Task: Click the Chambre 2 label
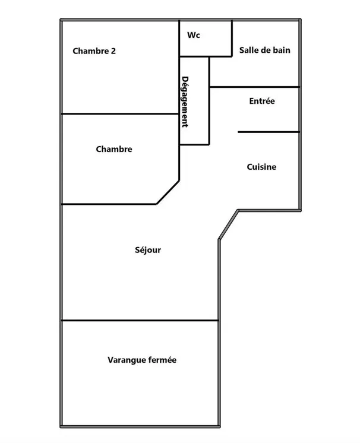pos(94,51)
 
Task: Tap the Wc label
pos(194,35)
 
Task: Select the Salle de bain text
pos(265,50)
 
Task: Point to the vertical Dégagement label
pos(185,102)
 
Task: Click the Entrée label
pos(262,101)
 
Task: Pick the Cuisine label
pos(261,167)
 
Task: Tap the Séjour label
pos(148,250)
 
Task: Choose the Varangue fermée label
pos(142,360)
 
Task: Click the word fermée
pos(163,360)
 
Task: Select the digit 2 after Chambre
pos(113,51)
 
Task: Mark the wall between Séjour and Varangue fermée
pos(140,321)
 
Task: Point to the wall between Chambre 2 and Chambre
pos(121,114)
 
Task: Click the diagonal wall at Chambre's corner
pos(168,192)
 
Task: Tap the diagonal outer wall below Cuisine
pos(228,225)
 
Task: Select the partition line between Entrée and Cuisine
pos(269,132)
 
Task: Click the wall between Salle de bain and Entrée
pos(254,87)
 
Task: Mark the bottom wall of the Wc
pos(206,56)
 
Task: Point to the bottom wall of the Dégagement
pos(194,145)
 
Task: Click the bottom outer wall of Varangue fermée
pos(140,426)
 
